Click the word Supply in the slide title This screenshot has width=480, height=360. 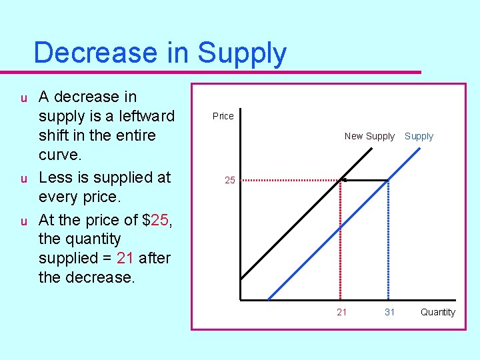coord(242,53)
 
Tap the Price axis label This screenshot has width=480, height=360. coord(223,116)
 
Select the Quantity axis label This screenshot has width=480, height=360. coord(437,312)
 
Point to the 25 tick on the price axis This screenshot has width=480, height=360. coord(229,180)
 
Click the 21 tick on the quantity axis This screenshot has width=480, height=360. coord(341,312)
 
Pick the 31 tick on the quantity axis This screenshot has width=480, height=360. coord(389,312)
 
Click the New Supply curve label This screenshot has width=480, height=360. coord(369,136)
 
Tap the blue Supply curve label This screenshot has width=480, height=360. coord(419,136)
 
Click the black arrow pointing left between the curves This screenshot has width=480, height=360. coord(364,179)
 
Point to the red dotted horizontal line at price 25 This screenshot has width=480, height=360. coord(287,180)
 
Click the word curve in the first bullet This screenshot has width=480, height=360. coord(61,154)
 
